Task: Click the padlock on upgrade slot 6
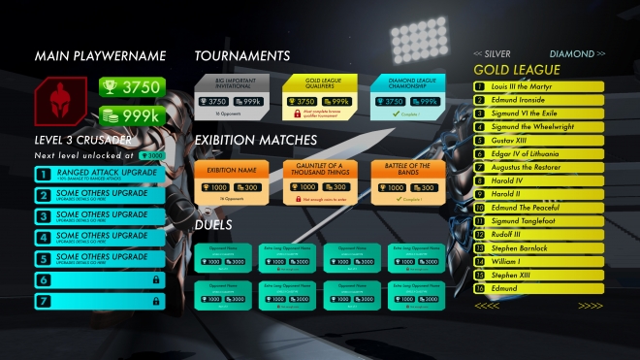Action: pos(156,279)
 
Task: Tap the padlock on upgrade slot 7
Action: pos(156,301)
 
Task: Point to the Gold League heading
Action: pos(516,70)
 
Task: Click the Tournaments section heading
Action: pos(242,56)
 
